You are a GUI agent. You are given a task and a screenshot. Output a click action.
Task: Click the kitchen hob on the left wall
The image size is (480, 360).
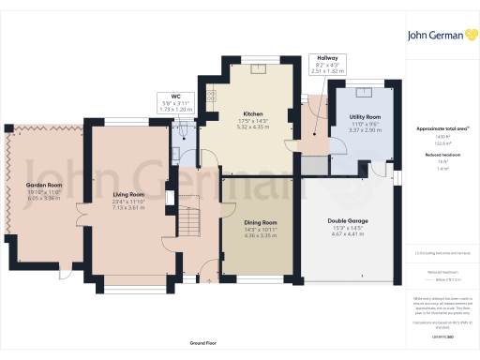(x=211, y=94)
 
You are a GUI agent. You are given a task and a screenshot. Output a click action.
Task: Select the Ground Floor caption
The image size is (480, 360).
(x=197, y=344)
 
